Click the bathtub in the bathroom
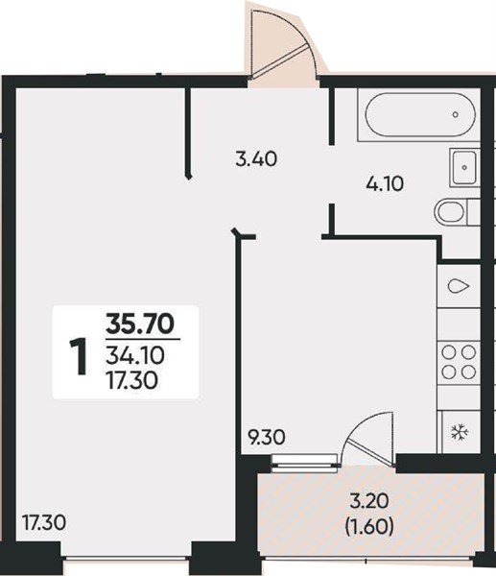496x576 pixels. [420, 114]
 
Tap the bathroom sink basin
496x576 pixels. [464, 167]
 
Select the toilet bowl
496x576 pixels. [450, 212]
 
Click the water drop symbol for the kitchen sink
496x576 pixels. [459, 286]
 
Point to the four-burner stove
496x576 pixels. [459, 362]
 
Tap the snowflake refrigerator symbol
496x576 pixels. [460, 432]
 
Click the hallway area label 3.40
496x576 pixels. [256, 159]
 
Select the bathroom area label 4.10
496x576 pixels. [385, 183]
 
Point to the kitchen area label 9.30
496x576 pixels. [267, 438]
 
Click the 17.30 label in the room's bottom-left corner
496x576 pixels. [44, 523]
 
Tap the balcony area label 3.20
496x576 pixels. [369, 501]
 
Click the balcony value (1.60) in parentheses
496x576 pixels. [369, 527]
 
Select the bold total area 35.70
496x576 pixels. [140, 324]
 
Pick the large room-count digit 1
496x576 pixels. [79, 357]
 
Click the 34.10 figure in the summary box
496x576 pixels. [135, 355]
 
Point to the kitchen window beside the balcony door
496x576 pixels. [304, 462]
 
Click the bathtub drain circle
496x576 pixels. [456, 114]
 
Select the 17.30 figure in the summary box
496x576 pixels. [132, 380]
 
